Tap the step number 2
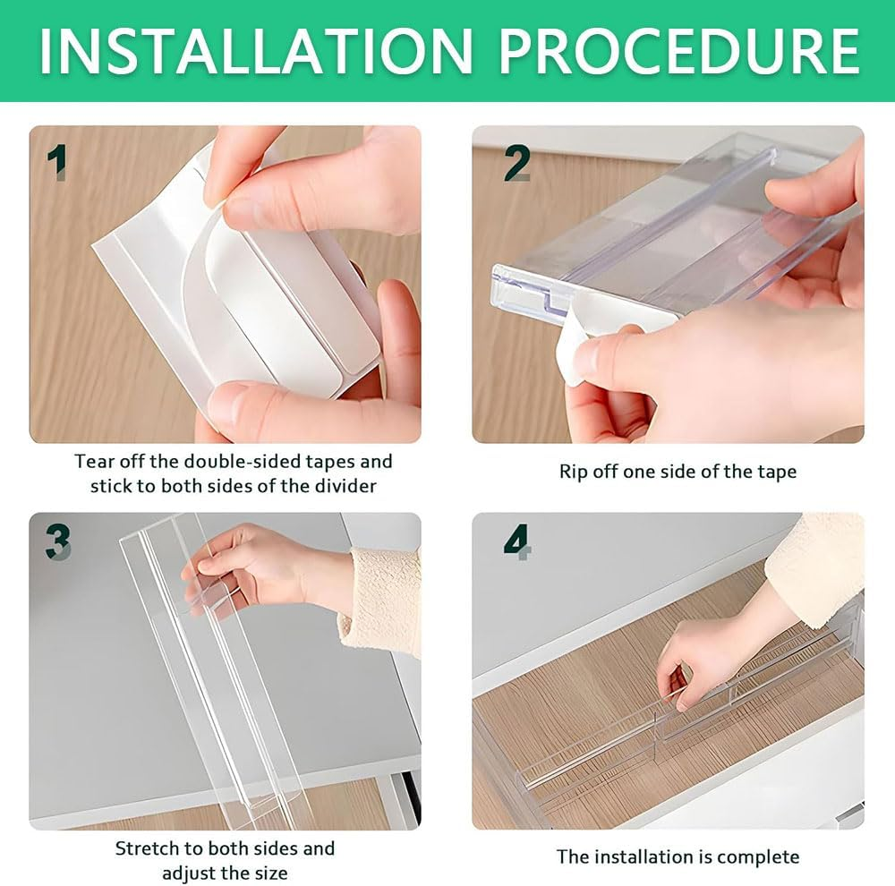(x=516, y=163)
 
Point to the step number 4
(x=517, y=541)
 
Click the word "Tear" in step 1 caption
(x=94, y=462)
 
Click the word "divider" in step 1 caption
(x=345, y=486)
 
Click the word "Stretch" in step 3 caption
(x=149, y=848)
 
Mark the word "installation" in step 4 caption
(x=644, y=856)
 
